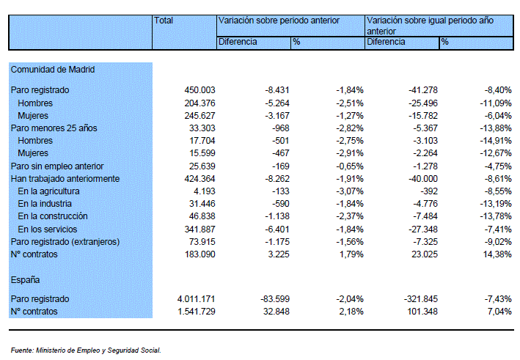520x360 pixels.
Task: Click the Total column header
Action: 164,21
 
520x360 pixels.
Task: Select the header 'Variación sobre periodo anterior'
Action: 279,21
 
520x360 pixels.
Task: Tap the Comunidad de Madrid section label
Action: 53,70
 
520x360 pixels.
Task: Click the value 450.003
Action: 199,90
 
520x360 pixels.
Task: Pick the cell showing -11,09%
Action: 496,103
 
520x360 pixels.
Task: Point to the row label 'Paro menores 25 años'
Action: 54,128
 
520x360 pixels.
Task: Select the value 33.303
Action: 202,128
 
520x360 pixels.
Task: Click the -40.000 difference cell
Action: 423,179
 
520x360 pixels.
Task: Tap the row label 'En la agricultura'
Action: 48,191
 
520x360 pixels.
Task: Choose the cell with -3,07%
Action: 350,191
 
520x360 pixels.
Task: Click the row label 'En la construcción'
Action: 53,216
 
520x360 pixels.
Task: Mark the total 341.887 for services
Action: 199,229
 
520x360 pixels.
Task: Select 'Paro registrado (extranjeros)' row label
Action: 65,242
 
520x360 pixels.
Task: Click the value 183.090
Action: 199,254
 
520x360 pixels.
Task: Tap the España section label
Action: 25,280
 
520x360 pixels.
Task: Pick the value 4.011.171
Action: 197,299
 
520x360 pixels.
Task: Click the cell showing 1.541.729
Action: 197,312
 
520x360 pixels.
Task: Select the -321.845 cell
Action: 421,299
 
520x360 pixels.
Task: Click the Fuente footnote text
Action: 86,350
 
